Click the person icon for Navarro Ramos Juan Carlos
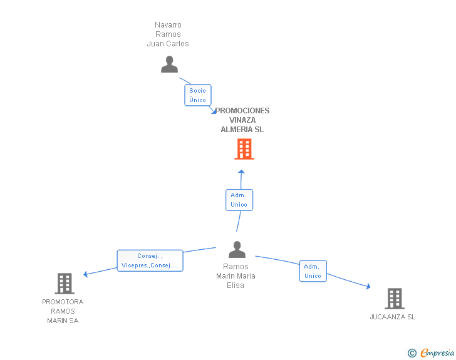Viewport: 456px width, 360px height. (169, 64)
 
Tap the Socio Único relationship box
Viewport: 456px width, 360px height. (198, 95)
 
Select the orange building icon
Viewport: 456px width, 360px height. (244, 149)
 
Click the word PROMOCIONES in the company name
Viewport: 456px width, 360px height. (242, 111)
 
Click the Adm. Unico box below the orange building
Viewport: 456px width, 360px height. (239, 200)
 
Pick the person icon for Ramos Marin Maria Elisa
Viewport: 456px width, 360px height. (237, 250)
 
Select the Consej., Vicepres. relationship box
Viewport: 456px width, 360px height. (150, 260)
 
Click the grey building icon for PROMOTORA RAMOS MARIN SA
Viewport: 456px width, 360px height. (65, 283)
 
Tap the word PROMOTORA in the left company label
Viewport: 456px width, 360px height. (63, 302)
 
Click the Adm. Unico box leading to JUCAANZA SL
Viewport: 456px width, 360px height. (313, 271)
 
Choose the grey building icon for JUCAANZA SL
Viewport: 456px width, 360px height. (395, 299)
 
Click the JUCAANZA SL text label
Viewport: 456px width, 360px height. (392, 317)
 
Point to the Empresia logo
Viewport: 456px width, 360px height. (437, 352)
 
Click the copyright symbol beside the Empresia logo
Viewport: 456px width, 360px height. (412, 353)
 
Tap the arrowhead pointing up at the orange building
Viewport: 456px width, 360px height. (241, 172)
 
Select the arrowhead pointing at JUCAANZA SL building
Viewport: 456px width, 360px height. (368, 286)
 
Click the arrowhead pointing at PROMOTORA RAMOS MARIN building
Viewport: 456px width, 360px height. (85, 274)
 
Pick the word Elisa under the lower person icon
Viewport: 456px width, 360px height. (236, 285)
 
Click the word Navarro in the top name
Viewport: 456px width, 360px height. (168, 24)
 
